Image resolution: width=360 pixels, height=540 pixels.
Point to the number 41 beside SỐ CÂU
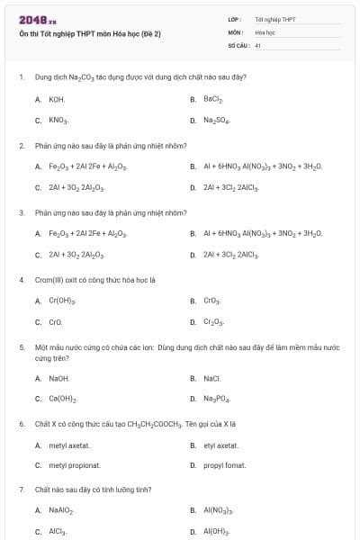click(258, 44)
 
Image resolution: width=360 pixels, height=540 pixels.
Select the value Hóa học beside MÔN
click(265, 31)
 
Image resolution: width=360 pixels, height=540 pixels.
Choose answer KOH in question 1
click(57, 98)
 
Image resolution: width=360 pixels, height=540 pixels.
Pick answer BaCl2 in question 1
click(213, 98)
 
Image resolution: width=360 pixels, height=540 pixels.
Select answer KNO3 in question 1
click(58, 120)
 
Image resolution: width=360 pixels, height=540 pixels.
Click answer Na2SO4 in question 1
click(216, 120)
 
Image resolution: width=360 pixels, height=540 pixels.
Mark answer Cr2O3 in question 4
click(214, 321)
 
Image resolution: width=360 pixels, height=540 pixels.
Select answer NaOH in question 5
click(59, 378)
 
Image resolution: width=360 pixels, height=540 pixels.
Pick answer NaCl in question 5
click(212, 378)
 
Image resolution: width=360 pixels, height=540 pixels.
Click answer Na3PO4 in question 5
click(216, 399)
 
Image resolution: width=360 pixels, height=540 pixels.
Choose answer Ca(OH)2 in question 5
click(62, 399)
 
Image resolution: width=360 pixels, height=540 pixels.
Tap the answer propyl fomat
click(224, 465)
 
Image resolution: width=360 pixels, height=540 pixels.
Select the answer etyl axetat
click(221, 445)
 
